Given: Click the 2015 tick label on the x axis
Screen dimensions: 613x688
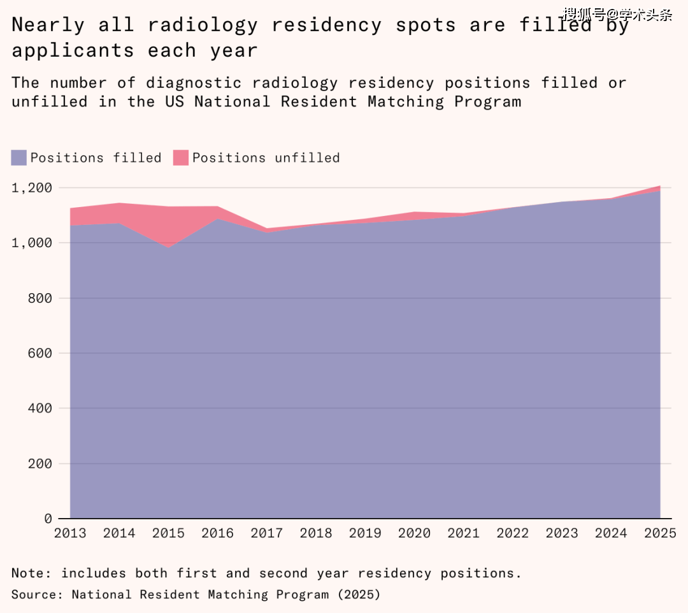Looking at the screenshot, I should point(168,533).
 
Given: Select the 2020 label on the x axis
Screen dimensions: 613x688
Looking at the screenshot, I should point(414,533).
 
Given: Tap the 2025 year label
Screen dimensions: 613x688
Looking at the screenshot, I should point(659,533).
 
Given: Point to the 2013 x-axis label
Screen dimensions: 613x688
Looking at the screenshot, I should point(70,533).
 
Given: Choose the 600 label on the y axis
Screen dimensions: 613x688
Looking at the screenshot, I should point(40,353).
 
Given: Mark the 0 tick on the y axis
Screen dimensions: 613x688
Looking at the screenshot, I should point(48,519).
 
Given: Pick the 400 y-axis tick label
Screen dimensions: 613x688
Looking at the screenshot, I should point(40,408).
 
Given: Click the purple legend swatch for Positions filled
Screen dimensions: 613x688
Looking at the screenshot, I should point(19,157).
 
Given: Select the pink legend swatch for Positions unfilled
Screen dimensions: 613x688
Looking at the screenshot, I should point(181,157).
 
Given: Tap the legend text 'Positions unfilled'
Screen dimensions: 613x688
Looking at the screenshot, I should point(266,157).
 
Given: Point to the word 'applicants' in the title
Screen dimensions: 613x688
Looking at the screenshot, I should point(73,50).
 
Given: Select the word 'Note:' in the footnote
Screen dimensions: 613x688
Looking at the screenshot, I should point(31,573).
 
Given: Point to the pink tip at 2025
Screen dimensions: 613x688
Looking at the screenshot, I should point(657,189).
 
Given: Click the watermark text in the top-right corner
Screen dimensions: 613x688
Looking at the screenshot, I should point(617,14).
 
